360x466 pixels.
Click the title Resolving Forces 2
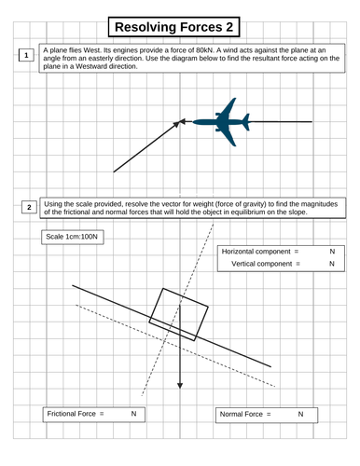point(173,27)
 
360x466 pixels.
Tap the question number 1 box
point(26,55)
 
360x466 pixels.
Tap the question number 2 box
point(29,207)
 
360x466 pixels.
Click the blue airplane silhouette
point(221,122)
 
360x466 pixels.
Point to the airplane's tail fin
point(246,122)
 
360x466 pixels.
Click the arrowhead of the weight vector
point(180,386)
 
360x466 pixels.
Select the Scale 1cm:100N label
point(72,237)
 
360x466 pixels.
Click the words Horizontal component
point(256,252)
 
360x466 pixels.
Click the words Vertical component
point(261,264)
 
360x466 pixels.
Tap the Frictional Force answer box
point(93,415)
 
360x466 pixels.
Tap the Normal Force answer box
point(267,415)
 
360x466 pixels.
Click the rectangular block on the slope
point(178,315)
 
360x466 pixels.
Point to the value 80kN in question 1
point(204,50)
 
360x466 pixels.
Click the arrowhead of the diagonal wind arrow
point(177,124)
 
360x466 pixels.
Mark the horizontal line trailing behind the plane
point(281,122)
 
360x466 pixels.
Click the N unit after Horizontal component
point(332,252)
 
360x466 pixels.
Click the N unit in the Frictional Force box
point(133,414)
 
